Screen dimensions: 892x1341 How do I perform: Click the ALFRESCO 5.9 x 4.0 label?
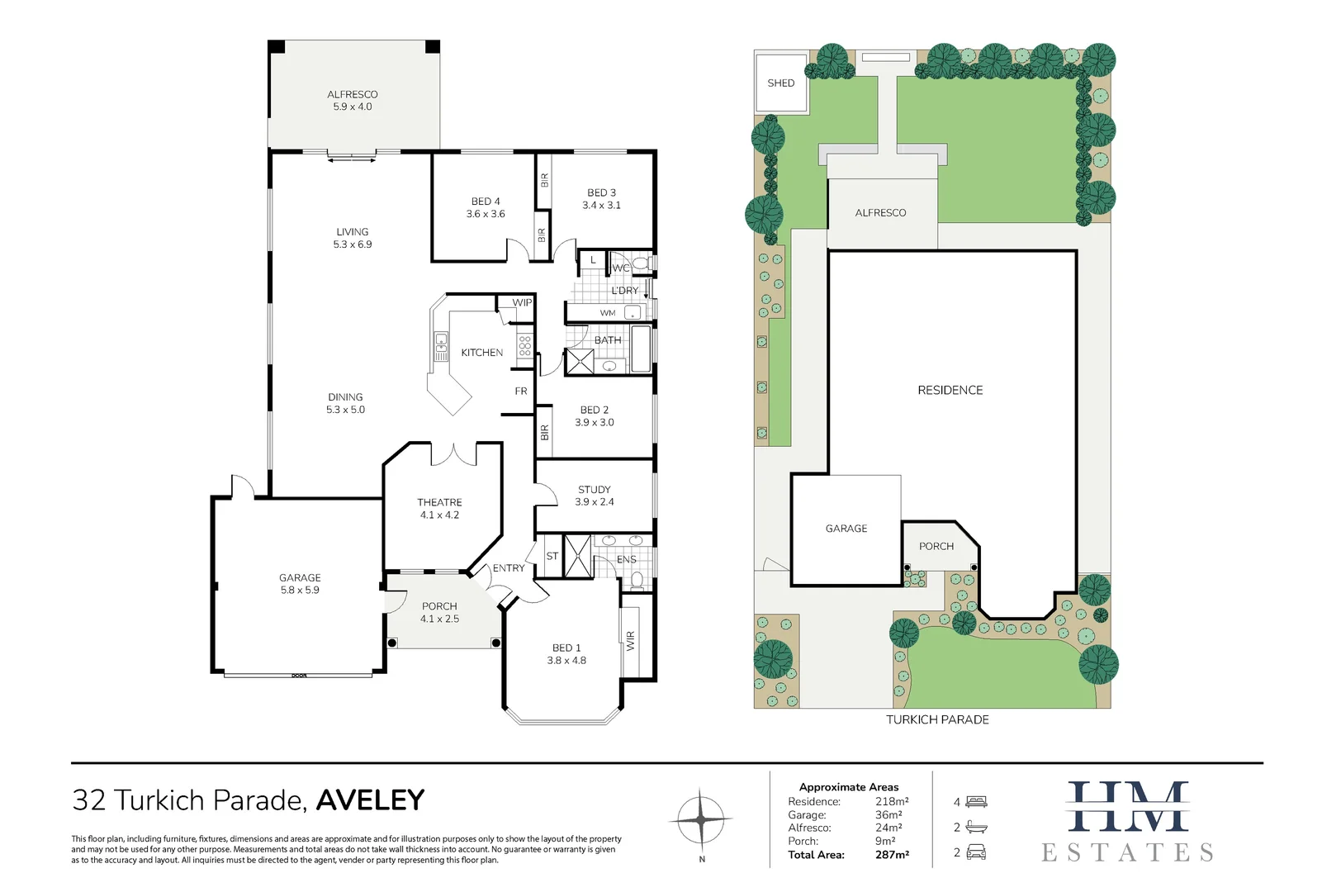click(353, 101)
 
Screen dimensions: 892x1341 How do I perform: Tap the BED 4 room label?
click(486, 207)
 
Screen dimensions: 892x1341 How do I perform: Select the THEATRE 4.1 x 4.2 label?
click(439, 509)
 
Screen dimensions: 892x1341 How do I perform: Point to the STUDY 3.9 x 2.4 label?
click(595, 496)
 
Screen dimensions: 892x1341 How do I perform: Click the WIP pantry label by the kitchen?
click(522, 303)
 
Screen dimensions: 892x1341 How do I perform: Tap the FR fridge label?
click(521, 391)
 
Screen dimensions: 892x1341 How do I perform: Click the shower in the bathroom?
click(579, 362)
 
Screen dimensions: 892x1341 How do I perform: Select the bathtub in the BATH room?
click(641, 349)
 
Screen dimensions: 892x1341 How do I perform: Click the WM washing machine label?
click(608, 313)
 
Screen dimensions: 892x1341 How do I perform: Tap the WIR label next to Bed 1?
click(631, 640)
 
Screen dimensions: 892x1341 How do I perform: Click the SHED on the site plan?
click(781, 83)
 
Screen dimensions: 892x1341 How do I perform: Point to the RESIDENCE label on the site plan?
click(950, 390)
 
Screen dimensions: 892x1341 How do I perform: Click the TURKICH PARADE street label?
click(937, 719)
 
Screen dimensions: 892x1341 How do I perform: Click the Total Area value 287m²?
click(892, 855)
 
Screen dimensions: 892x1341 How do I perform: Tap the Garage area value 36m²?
click(888, 815)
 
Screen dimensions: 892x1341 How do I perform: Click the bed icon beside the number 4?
click(977, 802)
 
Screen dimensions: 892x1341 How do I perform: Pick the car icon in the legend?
click(976, 852)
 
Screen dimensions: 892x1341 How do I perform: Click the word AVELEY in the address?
click(370, 800)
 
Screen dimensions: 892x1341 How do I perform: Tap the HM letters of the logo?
click(1128, 807)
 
